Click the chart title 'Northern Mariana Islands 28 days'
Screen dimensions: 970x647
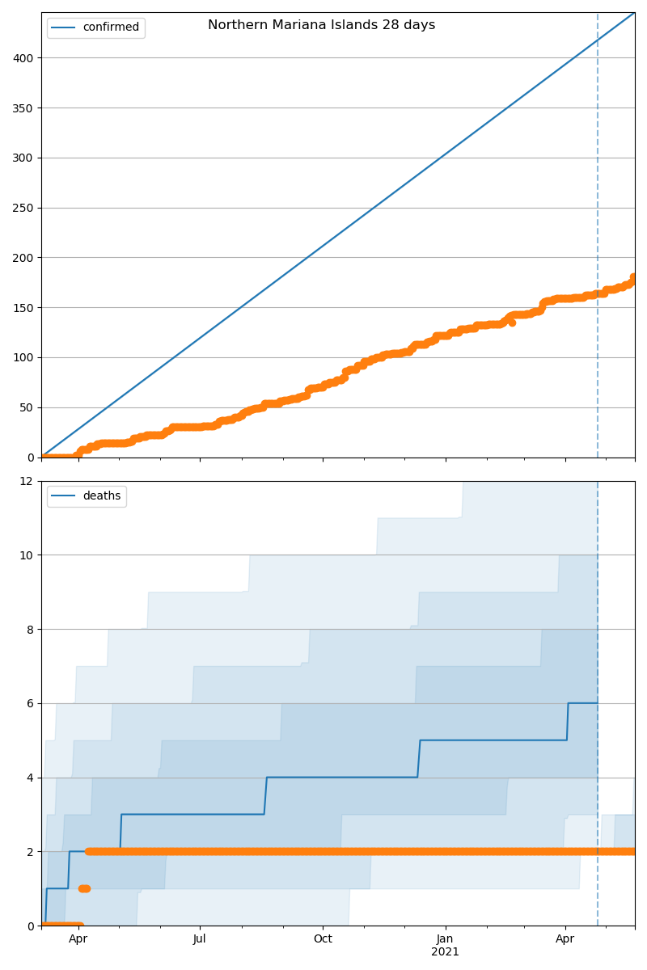click(321, 25)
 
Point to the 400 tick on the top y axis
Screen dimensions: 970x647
click(24, 58)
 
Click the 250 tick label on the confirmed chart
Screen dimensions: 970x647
click(24, 208)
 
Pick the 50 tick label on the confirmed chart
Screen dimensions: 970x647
click(27, 407)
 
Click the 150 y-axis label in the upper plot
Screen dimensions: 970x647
click(24, 308)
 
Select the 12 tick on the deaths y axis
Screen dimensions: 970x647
click(27, 481)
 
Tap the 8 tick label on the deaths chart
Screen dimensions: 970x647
click(30, 629)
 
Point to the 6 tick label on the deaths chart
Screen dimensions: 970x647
click(30, 703)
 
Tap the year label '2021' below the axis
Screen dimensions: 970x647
click(445, 951)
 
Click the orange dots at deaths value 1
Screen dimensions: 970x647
click(84, 888)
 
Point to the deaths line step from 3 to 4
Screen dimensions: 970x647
click(265, 795)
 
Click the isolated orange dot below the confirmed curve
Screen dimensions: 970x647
click(512, 323)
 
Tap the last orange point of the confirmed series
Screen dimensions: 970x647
click(634, 277)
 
